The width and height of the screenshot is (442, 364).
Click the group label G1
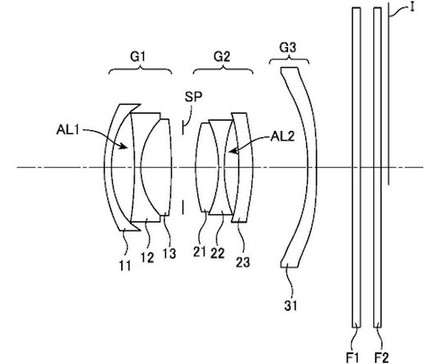point(138,57)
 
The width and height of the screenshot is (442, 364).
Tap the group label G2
point(222,57)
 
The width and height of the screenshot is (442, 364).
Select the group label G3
point(288,47)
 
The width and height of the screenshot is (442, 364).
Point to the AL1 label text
point(68,130)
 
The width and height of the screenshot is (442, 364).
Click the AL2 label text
point(282,137)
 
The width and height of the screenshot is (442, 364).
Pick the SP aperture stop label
point(193,97)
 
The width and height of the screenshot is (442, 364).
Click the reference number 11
point(125,265)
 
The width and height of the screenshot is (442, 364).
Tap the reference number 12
point(147,257)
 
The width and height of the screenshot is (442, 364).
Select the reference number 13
point(169,254)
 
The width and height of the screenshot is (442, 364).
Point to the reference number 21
point(199,252)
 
